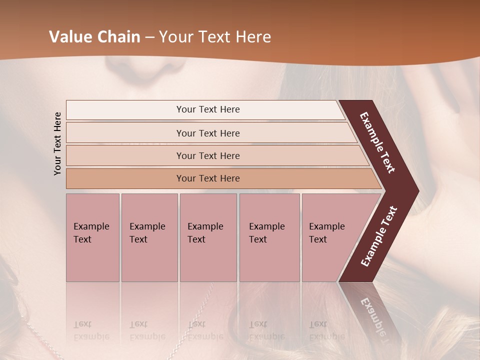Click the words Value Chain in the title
94,37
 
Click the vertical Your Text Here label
57,143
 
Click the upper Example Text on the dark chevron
378,142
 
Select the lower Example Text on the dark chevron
379,236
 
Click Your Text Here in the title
215,37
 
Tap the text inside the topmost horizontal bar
208,109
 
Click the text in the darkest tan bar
208,178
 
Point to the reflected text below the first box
91,330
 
